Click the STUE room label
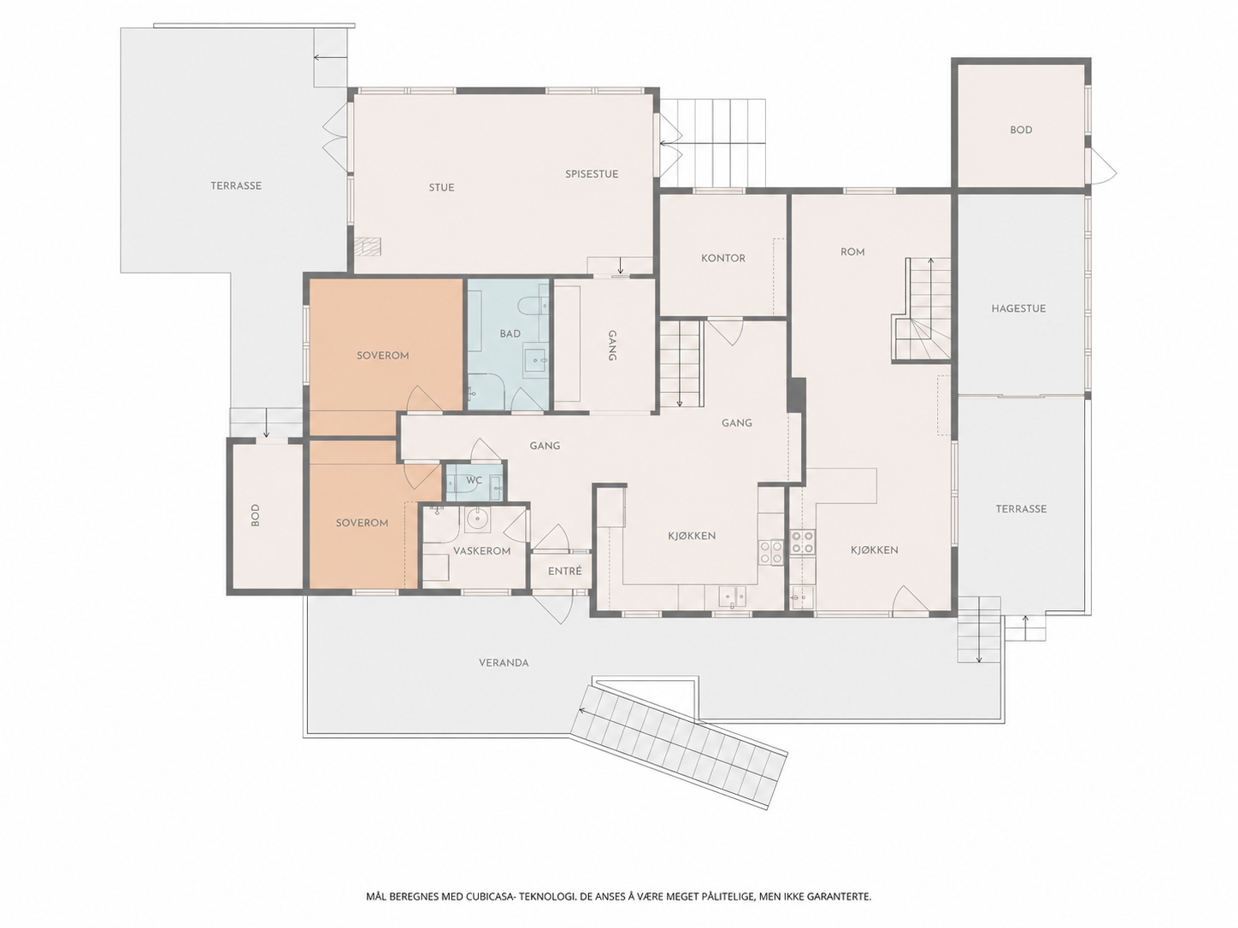(x=441, y=188)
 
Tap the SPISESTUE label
(x=592, y=174)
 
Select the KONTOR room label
(x=723, y=258)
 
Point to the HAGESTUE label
(x=1018, y=308)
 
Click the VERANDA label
(x=504, y=663)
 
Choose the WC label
(x=474, y=480)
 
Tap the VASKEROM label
(x=481, y=551)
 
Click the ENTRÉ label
(x=564, y=572)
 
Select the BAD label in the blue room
(x=510, y=334)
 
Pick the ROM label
(x=852, y=252)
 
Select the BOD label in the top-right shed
(x=1021, y=130)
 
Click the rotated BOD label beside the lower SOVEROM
(x=255, y=515)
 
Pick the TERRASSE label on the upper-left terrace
(x=236, y=186)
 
